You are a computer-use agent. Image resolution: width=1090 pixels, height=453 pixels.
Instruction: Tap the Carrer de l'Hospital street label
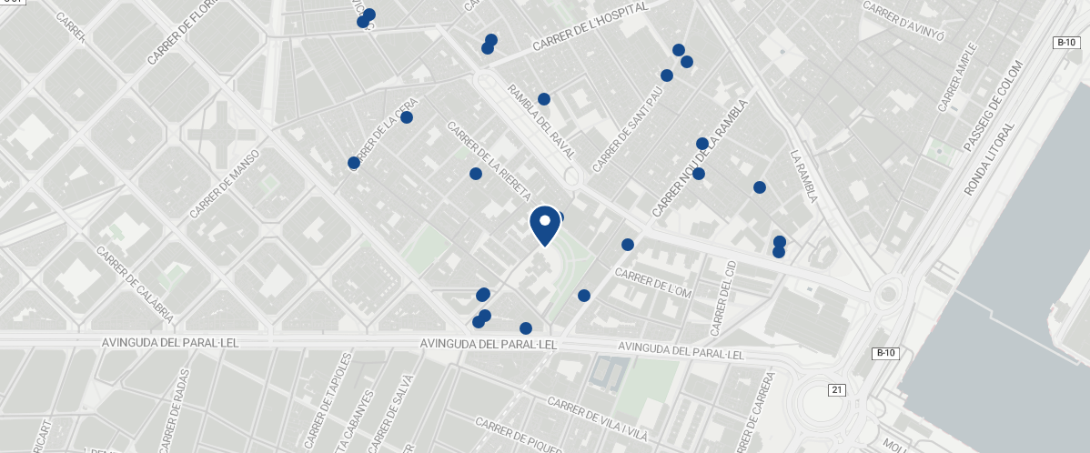pos(590,26)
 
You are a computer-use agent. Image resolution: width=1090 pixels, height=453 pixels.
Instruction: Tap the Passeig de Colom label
pos(993,106)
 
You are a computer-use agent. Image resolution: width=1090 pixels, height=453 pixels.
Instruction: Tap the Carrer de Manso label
pos(225,184)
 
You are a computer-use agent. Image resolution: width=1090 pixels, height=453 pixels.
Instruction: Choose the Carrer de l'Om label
pos(654,282)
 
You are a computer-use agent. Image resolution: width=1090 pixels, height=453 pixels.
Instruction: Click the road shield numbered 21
pos(837,389)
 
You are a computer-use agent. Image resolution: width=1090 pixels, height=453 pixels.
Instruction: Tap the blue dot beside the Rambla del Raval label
pos(544,99)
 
